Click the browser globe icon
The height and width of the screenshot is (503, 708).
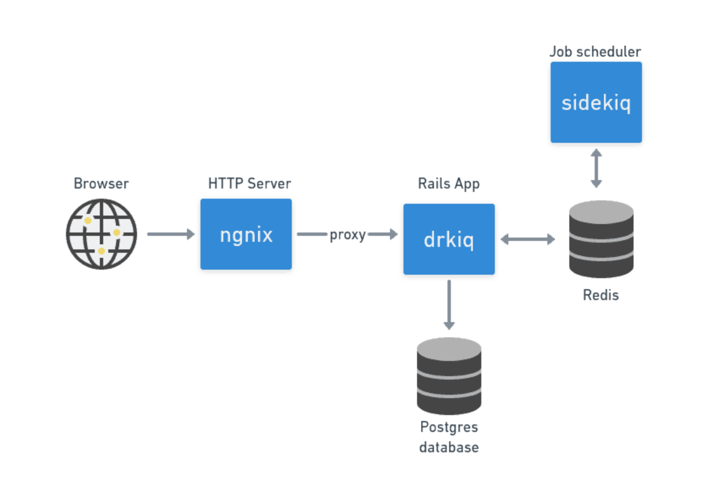[x=101, y=234]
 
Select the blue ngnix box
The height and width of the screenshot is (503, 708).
[x=246, y=234]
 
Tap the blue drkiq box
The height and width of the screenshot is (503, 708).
[x=449, y=239]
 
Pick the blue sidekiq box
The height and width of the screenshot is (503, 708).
[x=596, y=102]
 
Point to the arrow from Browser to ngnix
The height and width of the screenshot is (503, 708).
[x=170, y=234]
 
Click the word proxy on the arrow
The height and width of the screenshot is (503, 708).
[x=347, y=235]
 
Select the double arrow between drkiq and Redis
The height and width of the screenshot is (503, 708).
[x=528, y=239]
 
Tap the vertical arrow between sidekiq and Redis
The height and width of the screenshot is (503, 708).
[x=596, y=168]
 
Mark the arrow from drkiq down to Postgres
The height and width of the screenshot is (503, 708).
[x=449, y=304]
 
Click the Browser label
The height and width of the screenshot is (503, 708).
[x=101, y=184]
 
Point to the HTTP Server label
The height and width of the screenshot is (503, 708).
[x=249, y=184]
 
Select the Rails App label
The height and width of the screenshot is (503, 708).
[x=449, y=184]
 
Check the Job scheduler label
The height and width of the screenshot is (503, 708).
[x=595, y=51]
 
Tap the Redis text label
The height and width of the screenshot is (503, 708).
[x=601, y=295]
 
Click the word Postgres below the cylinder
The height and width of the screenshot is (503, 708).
[x=449, y=427]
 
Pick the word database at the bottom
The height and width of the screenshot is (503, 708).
[x=449, y=447]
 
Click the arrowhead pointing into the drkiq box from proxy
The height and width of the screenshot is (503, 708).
[x=393, y=234]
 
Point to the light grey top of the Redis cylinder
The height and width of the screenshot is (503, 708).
[x=601, y=211]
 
